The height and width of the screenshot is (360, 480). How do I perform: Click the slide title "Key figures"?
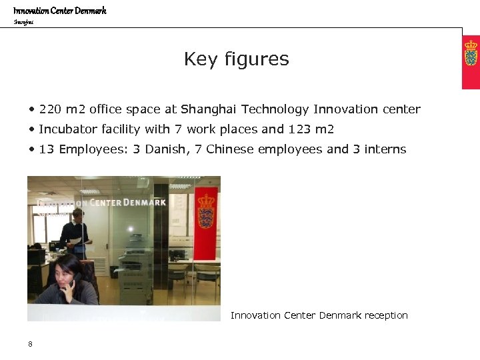(x=236, y=59)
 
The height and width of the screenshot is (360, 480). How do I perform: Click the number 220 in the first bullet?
(x=50, y=109)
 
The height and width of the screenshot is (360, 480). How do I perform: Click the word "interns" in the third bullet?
(x=385, y=149)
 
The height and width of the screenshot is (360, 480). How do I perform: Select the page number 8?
(x=31, y=344)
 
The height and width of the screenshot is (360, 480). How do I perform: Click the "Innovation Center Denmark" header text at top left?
(x=60, y=11)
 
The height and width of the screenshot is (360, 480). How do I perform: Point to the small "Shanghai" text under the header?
(x=23, y=22)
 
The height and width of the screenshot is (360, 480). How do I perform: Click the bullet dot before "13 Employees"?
(x=31, y=149)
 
